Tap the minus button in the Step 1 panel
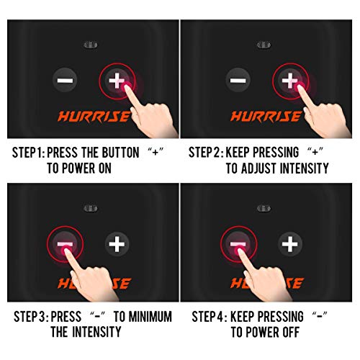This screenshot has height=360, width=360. [x=65, y=80]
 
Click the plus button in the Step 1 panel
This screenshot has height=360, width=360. [x=117, y=80]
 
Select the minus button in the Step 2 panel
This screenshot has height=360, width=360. [x=238, y=80]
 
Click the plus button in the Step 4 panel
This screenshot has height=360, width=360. [x=290, y=244]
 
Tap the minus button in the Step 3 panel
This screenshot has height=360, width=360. [x=65, y=244]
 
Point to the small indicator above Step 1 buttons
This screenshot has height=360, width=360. [x=91, y=45]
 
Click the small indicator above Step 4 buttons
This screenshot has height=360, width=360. [x=264, y=208]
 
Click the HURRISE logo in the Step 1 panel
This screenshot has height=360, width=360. [x=94, y=117]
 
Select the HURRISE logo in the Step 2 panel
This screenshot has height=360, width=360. [x=266, y=117]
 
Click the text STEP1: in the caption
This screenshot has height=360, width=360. [x=29, y=153]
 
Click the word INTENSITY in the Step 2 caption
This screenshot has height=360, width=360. [x=305, y=168]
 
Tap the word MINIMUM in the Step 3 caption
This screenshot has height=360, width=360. [x=150, y=317]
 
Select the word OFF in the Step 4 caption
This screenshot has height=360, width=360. [x=291, y=333]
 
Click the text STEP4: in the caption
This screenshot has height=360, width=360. [x=210, y=317]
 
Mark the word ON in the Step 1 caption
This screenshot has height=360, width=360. [x=105, y=168]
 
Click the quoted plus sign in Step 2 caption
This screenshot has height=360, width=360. [x=315, y=152]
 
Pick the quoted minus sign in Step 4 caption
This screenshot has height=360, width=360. [x=320, y=315]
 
